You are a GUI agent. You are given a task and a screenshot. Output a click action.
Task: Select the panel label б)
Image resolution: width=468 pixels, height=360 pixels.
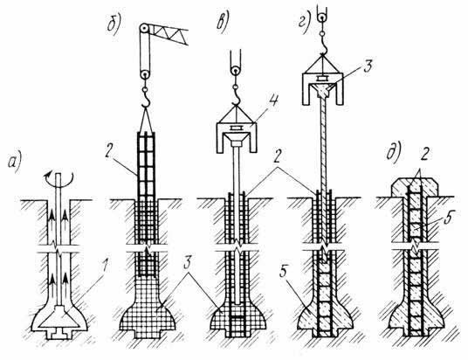[114, 24]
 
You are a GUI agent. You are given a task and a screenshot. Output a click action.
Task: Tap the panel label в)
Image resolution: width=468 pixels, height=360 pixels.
[223, 23]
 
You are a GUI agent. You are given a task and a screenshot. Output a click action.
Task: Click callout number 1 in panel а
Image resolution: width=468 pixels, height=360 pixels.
[104, 268]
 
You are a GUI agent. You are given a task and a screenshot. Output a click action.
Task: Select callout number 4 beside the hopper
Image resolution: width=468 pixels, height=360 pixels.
[272, 101]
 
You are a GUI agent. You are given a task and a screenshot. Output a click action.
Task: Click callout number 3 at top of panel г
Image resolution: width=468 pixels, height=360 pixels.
[368, 66]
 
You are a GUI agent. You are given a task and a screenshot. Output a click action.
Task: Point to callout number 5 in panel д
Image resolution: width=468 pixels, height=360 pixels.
[447, 219]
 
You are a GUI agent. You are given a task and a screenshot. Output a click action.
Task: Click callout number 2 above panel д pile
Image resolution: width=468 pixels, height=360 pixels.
[425, 154]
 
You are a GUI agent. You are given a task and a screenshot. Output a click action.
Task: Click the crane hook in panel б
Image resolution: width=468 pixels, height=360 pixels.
[146, 100]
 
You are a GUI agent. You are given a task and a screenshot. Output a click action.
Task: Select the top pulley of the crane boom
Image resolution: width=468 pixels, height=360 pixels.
[144, 30]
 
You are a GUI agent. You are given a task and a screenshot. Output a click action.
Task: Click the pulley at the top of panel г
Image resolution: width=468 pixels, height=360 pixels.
[322, 18]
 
